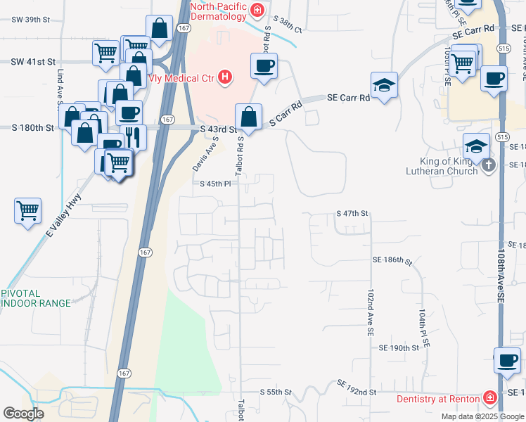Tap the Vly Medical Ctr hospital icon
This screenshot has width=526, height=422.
click(225, 77)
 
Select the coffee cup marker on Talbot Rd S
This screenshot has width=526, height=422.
click(264, 67)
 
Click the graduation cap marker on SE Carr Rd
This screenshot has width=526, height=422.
click(384, 86)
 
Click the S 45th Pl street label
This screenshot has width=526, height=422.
click(214, 184)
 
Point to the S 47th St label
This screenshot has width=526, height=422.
click(352, 213)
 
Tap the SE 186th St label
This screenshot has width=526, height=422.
click(392, 261)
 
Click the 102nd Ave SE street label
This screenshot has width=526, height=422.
click(370, 312)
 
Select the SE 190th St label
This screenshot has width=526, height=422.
click(399, 348)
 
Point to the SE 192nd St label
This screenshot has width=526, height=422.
click(357, 388)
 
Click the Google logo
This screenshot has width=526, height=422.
click(23, 414)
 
